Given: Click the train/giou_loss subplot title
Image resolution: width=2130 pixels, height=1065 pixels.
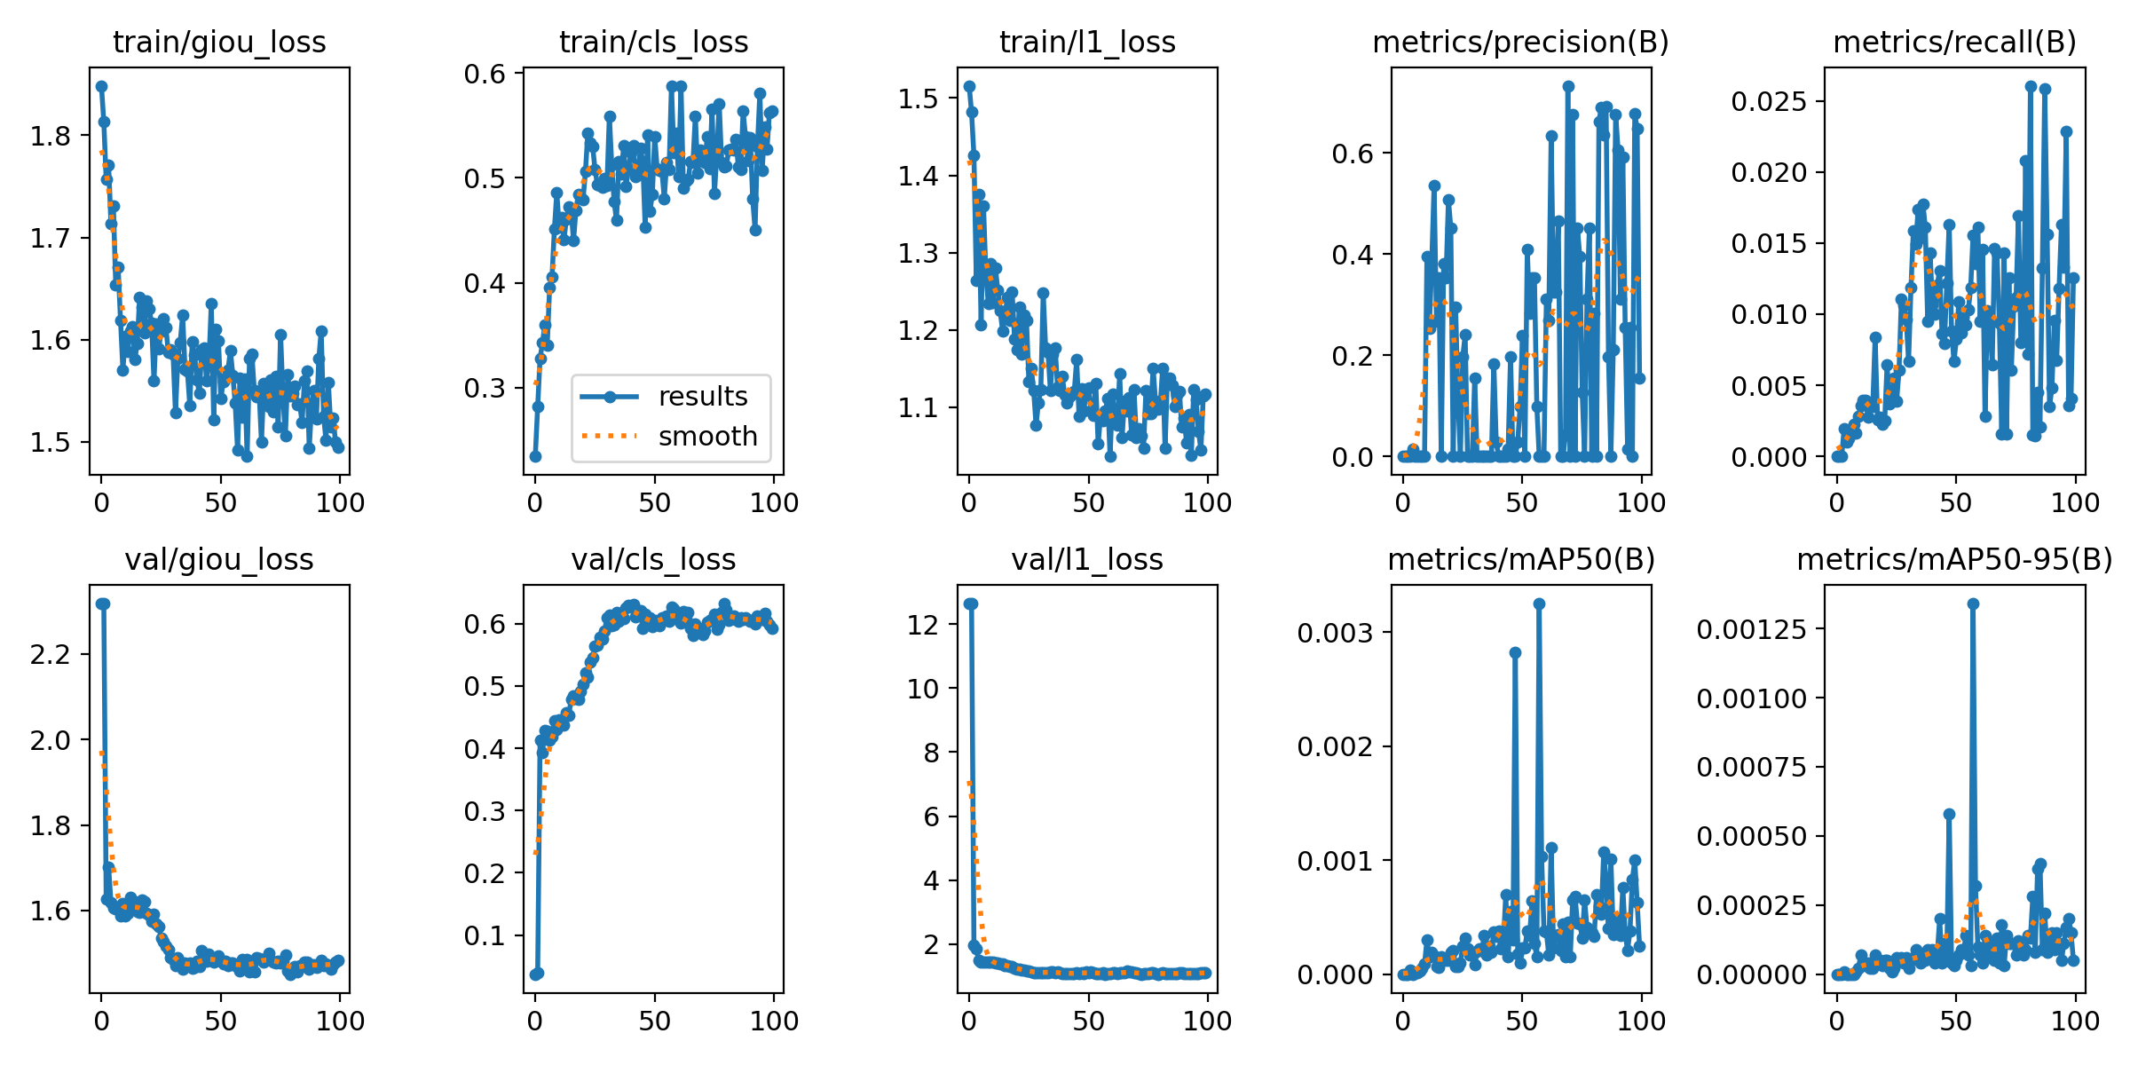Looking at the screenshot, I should point(219,42).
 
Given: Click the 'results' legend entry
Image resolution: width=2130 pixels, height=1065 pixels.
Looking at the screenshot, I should point(702,397).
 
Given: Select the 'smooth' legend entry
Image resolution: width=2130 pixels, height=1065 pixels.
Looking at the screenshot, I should point(707,437).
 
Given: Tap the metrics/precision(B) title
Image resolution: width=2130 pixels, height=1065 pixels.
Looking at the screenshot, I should point(1520,42).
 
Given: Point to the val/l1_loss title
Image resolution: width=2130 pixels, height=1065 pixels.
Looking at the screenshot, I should point(1087,560).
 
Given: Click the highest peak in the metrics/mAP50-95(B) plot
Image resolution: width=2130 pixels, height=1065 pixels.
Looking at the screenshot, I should point(1973,603).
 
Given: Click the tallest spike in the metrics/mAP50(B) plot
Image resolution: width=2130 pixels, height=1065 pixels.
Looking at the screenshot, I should point(1539,603).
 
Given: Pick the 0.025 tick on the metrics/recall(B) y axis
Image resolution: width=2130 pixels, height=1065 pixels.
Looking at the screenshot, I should point(1768,101).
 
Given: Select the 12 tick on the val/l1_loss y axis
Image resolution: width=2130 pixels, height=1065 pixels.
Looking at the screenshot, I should point(922,624).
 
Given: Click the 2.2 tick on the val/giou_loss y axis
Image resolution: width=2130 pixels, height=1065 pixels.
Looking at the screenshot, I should point(50,655).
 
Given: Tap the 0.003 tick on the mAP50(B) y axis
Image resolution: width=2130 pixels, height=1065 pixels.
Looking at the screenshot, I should point(1335,633).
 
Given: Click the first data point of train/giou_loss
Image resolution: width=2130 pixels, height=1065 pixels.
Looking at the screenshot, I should point(101,86).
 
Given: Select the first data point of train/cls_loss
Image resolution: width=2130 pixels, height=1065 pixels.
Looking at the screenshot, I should point(535,456).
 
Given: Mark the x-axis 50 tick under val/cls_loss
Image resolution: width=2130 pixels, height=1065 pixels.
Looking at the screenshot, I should point(654,1021).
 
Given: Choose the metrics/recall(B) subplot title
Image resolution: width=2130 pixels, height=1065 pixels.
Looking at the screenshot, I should point(1954,42).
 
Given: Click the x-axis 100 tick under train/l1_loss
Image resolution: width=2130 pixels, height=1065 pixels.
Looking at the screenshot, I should point(1207,503).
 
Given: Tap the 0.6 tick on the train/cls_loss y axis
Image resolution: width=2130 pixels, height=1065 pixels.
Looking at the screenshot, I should point(485,74).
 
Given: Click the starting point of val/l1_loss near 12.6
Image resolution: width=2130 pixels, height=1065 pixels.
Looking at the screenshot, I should point(969,603).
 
